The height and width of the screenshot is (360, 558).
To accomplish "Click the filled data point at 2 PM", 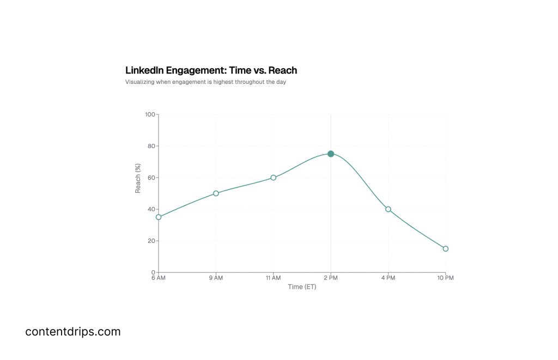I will pos(331,154).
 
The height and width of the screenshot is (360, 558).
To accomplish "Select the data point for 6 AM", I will pos(159,217).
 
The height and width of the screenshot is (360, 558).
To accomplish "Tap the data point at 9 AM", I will pos(216,193).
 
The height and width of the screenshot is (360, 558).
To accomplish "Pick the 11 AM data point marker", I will pos(274,178).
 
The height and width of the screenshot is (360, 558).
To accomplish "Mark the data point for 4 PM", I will pos(388,209).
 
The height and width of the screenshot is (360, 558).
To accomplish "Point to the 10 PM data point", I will pos(445,249).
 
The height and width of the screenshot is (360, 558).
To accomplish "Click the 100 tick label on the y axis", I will pos(150,114).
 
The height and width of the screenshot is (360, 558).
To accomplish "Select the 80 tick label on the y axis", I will pos(151,146).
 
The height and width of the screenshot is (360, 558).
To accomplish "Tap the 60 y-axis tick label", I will pos(151,178).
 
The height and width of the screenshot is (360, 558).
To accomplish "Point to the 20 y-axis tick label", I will pos(151,241).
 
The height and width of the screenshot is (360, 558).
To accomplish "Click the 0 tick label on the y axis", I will pos(153,272).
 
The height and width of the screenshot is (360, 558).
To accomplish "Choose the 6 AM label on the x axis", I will pos(159,278).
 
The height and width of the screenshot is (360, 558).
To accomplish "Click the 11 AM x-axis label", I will pos(273,278).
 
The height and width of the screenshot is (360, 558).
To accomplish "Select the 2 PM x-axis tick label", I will pos(331,278).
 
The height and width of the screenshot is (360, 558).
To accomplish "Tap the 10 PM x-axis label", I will pos(445,278).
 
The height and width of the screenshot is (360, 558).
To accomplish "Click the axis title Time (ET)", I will pos(302,287).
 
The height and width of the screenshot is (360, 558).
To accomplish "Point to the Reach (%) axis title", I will pos(138,178).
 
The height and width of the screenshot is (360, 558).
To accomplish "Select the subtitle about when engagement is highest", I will pos(205,82).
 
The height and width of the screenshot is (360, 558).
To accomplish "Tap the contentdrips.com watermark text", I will pos(73,331).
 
